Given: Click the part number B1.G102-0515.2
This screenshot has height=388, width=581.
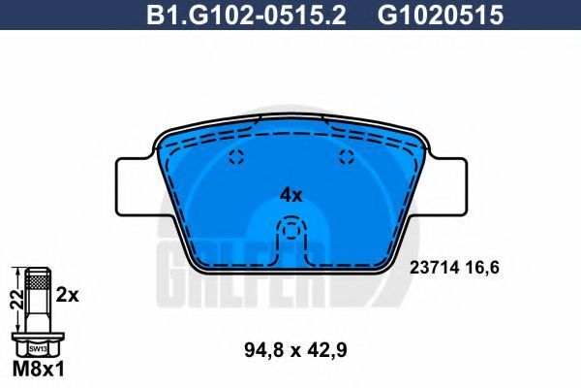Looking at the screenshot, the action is [246, 16].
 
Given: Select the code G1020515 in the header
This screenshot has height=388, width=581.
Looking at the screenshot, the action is [441, 16].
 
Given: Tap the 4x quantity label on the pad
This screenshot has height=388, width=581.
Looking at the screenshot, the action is [290, 195].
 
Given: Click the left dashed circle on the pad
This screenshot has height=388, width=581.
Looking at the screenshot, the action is [236, 156].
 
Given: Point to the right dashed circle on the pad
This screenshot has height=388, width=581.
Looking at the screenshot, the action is [347, 156].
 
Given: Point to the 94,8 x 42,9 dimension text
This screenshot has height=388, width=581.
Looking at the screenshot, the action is [295, 350].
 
